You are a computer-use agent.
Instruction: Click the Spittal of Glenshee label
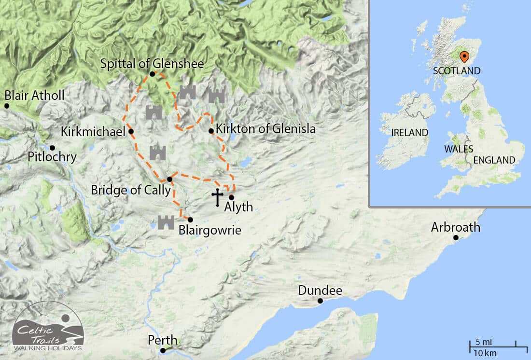152,63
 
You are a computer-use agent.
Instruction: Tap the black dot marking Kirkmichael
131,131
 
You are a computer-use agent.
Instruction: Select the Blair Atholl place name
34,95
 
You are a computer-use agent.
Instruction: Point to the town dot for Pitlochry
52,148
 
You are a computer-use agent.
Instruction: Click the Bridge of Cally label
131,190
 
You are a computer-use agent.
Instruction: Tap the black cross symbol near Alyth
217,197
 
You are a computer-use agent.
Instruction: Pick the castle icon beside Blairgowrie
166,222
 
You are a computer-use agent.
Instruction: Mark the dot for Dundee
320,301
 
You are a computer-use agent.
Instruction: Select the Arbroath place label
456,227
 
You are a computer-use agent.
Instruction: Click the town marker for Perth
163,351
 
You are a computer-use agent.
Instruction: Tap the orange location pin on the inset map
464,57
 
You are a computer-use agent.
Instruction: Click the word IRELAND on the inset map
410,132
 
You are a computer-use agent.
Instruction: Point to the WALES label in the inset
459,149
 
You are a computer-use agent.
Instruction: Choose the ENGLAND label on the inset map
494,160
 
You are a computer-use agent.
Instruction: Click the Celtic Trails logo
48,328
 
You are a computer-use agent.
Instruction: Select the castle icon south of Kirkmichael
158,153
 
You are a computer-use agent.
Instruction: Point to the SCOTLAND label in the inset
457,71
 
